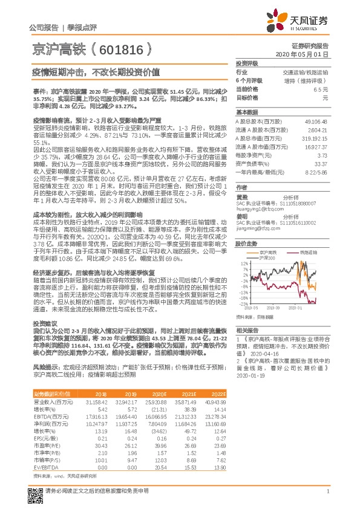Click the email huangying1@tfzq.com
255,205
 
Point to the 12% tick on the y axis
244,264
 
